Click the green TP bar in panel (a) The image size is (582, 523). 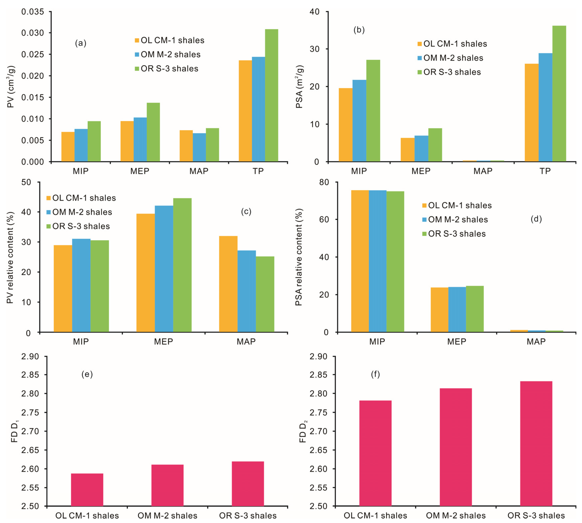(271, 95)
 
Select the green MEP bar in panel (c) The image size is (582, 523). (182, 265)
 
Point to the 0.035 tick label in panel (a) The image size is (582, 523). (33, 12)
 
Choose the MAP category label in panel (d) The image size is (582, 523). (536, 342)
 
